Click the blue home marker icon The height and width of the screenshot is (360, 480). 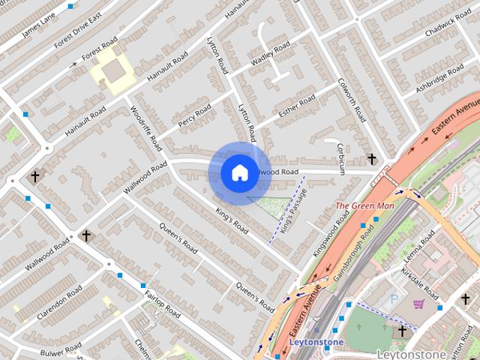(238, 173)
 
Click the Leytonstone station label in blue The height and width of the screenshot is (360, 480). (316, 343)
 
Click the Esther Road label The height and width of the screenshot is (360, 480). (297, 107)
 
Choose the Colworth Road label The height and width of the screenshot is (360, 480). (352, 102)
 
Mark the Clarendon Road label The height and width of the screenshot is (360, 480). (58, 301)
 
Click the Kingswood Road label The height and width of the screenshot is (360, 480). (332, 235)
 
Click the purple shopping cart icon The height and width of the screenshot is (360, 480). (418, 304)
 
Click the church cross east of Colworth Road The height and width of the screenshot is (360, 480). (372, 158)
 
